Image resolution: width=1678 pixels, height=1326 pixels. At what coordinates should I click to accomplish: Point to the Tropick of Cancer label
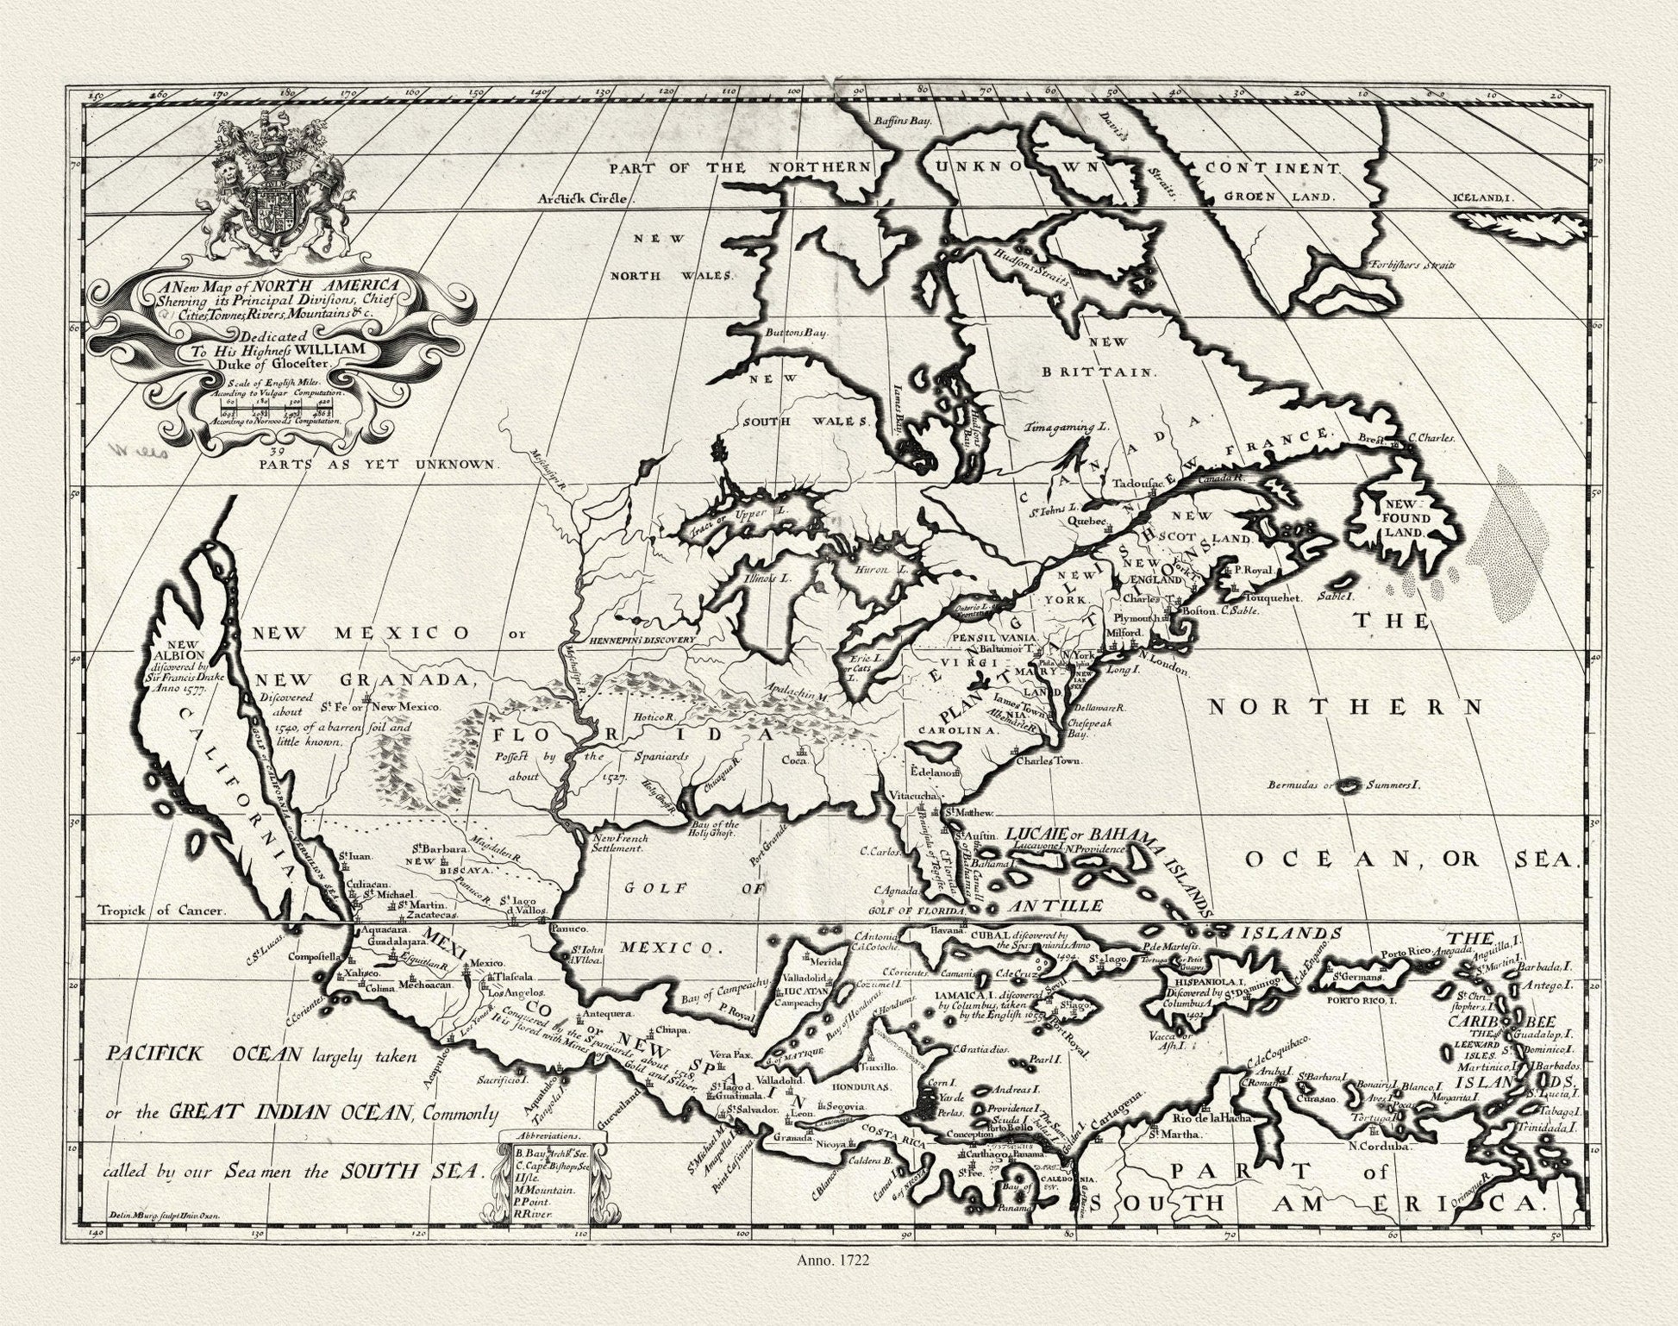[161, 910]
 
